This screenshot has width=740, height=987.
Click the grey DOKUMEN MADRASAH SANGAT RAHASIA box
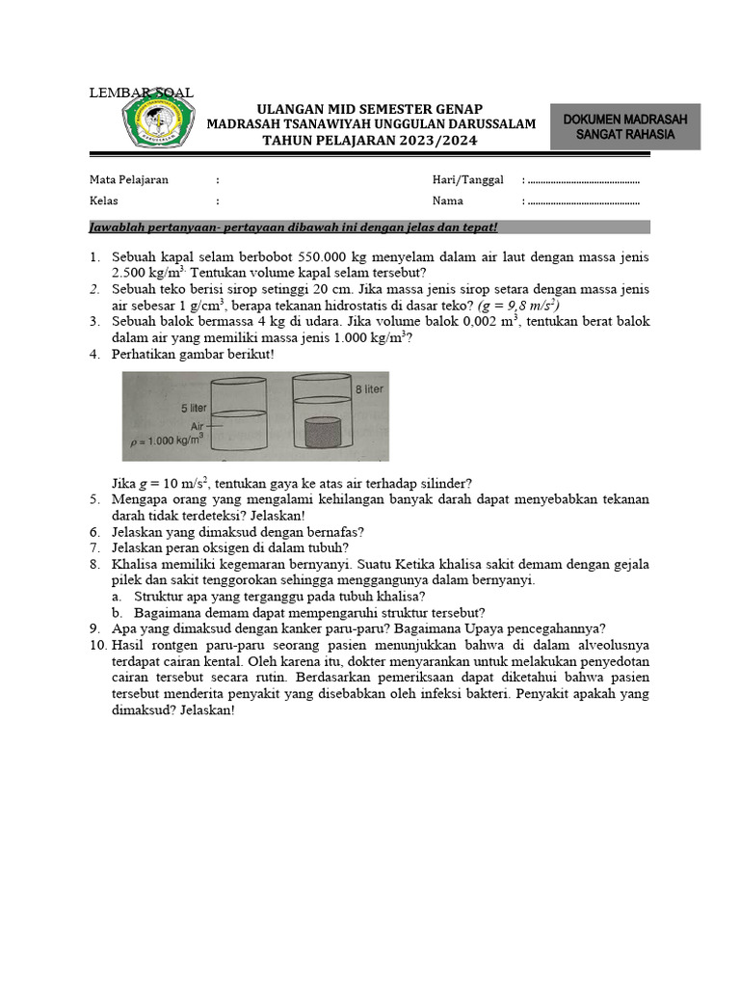point(624,127)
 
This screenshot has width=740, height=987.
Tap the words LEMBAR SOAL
point(141,93)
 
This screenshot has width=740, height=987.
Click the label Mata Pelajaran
point(129,179)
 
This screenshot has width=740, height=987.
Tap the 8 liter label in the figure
point(368,388)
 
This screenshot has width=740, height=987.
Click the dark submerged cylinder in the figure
point(323,433)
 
